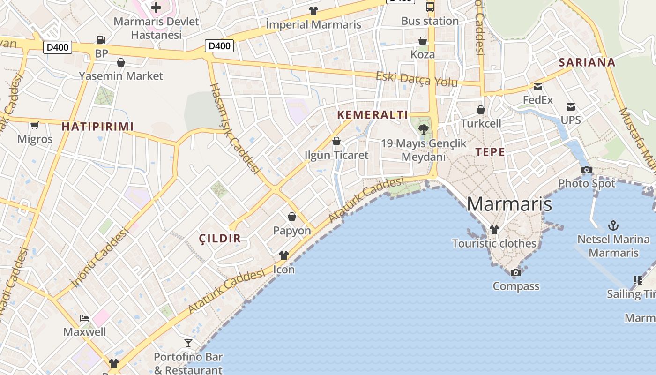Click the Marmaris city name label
(509, 204)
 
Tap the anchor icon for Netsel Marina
(613, 225)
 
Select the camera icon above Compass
(515, 272)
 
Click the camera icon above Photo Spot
(586, 170)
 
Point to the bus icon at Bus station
(430, 7)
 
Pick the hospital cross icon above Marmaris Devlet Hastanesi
(156, 7)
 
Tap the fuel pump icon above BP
(101, 40)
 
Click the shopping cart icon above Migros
(34, 125)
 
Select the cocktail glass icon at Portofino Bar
(188, 343)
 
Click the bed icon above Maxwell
(84, 318)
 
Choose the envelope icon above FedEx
(537, 86)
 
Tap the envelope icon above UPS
(570, 107)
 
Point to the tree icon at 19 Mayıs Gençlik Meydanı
(424, 129)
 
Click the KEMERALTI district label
(373, 115)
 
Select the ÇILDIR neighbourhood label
(220, 238)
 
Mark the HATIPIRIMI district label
(97, 126)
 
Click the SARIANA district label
(587, 62)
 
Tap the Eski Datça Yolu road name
(417, 79)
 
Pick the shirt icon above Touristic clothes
(494, 230)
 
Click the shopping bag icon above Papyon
(291, 217)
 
